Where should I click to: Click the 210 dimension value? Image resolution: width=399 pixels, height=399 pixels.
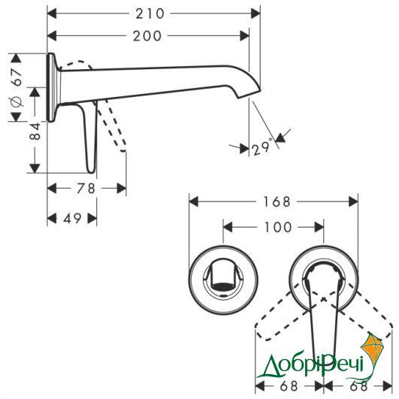pos(150,14)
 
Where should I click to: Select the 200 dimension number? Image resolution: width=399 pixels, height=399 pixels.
pos(147,36)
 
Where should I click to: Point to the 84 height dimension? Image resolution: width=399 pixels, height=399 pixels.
pos(35,131)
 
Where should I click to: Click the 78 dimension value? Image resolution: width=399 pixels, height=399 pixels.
pos(86,189)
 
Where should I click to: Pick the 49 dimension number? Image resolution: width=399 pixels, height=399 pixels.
pos(72,219)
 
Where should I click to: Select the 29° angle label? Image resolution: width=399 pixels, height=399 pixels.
pos(261,148)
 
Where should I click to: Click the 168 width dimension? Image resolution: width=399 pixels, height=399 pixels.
pos(277,202)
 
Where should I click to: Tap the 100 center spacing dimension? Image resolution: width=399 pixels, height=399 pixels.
pos(278,227)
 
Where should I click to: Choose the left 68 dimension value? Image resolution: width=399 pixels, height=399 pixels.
pos(289,386)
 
